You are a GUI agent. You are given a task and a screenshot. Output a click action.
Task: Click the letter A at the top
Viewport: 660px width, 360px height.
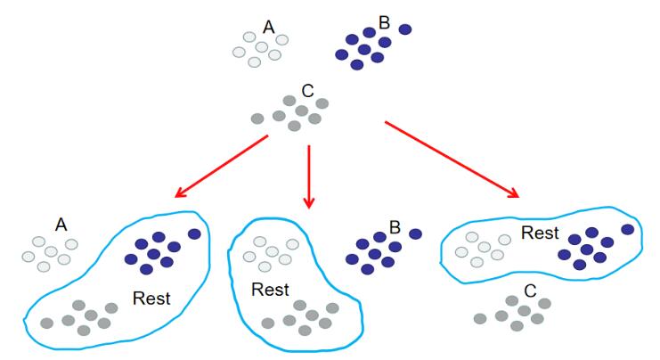pos(269,28)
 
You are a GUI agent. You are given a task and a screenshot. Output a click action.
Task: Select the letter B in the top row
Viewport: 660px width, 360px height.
pos(384,23)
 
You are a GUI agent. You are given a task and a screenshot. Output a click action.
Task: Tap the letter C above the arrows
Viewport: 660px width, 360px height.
pos(307,91)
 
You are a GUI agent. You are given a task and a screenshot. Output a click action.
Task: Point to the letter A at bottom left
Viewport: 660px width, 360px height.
pos(61,225)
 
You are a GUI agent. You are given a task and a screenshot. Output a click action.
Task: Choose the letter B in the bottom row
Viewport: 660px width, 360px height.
pos(395,227)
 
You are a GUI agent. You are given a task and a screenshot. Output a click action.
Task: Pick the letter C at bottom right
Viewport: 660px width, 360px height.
pos(530,290)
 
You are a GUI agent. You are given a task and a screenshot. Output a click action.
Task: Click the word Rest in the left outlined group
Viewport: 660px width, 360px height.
pos(151,299)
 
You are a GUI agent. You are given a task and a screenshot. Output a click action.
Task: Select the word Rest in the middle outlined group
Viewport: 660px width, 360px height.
pos(270,290)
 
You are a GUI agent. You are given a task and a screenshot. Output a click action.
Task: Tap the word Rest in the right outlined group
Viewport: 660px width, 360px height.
pos(540,233)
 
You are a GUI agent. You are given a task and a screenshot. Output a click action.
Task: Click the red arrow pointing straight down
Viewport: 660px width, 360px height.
pos(309,176)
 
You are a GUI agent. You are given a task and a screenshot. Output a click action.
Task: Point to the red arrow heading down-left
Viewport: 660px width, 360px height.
pos(222,166)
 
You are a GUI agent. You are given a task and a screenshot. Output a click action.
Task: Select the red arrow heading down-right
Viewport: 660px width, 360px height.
pos(452,160)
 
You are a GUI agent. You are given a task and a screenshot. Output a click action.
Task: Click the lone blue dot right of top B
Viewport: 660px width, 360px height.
pos(405,29)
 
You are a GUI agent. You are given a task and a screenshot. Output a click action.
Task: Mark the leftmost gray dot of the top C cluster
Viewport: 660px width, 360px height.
pos(257,119)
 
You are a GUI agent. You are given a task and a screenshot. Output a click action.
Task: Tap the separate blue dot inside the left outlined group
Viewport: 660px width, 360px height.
pos(194,233)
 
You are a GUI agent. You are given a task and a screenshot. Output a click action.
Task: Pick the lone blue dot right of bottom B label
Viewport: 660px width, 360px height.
pos(415,234)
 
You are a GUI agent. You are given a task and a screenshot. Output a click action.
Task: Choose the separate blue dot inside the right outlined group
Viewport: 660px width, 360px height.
pos(628,229)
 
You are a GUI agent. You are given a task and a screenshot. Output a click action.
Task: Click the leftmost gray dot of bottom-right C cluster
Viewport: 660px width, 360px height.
pos(480,318)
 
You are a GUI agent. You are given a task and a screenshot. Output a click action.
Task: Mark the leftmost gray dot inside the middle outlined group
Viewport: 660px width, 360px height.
pos(268,323)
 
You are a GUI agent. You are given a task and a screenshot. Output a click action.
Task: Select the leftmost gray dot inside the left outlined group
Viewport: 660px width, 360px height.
pos(46,323)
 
